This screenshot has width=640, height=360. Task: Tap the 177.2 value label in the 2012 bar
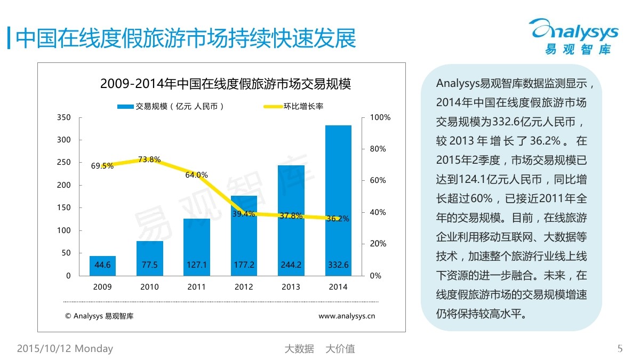(x=244, y=265)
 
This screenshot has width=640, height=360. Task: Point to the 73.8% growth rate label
(x=149, y=159)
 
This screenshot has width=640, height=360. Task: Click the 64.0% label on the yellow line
(x=197, y=175)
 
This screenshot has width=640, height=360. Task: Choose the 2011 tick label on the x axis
(x=197, y=287)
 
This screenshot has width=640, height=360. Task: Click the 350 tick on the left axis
(x=64, y=117)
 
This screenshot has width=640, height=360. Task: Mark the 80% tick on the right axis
(x=378, y=149)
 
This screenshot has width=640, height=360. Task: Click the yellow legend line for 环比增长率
(x=280, y=107)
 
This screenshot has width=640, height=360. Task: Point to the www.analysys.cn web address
(x=347, y=316)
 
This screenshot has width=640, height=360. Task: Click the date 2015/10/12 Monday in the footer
(x=65, y=349)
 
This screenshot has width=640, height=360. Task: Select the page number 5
(x=620, y=349)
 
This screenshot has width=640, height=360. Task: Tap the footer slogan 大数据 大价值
(x=319, y=349)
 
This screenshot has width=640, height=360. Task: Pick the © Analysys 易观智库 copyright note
(x=99, y=316)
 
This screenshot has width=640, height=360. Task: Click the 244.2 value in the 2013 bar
(x=291, y=265)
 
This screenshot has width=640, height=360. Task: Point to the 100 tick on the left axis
(x=64, y=230)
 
